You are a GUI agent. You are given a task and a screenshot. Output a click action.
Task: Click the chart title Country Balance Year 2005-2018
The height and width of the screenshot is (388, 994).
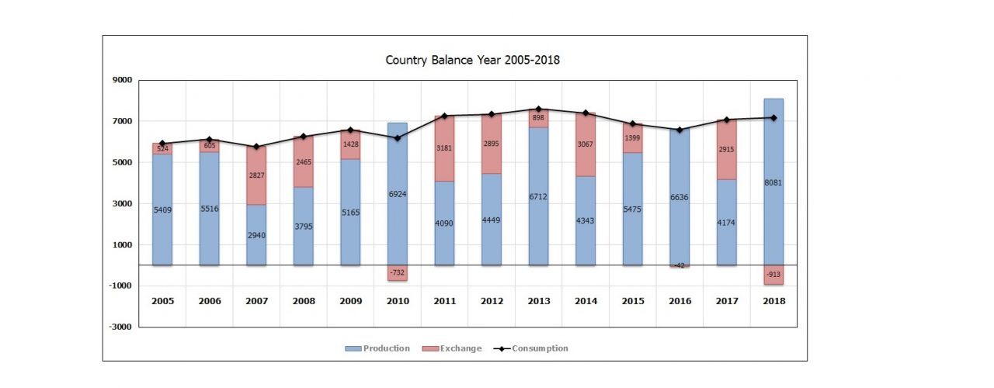click(472, 60)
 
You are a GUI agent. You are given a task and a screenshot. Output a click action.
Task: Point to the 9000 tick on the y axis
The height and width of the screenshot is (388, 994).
click(122, 80)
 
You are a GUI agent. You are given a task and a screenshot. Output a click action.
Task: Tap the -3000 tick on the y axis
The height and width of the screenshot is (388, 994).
click(120, 327)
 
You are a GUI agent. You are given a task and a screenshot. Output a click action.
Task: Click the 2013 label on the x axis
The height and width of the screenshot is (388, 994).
click(538, 300)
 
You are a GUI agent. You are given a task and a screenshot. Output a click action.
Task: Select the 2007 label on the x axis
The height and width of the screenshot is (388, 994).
click(256, 300)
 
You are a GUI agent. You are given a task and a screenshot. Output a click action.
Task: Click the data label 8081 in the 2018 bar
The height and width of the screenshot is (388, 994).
click(773, 185)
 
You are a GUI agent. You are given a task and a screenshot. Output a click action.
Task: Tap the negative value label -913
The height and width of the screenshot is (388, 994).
click(773, 275)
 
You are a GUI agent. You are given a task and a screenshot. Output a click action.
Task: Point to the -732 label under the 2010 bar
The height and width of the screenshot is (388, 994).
click(397, 273)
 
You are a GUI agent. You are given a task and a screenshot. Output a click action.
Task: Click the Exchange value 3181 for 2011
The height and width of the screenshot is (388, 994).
click(444, 147)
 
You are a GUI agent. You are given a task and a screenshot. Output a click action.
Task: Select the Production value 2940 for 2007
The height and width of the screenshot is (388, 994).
click(256, 235)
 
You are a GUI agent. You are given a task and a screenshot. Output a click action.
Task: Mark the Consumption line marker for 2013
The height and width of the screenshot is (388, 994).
click(538, 109)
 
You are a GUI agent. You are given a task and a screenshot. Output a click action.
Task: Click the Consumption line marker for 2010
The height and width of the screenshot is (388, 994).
click(397, 138)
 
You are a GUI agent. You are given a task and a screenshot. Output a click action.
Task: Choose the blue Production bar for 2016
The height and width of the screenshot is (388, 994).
click(679, 225)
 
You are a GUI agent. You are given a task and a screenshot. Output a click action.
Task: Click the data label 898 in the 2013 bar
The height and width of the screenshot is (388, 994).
click(538, 118)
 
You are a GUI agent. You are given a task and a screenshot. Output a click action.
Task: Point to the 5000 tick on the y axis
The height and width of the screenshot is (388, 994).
click(122, 163)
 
